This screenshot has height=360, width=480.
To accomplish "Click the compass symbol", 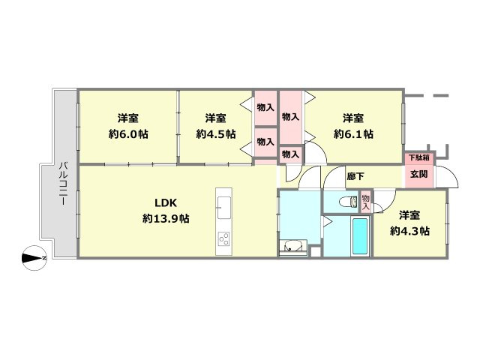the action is [34, 258].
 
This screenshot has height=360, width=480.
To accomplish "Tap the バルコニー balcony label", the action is [64, 183].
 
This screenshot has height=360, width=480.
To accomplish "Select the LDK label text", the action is [166, 202].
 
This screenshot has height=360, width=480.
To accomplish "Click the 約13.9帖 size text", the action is [166, 218].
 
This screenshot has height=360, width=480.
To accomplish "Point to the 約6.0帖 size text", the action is [128, 134].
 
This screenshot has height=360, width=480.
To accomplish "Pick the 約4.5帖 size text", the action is [216, 134].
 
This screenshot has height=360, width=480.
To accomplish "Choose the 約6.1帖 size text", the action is [353, 134].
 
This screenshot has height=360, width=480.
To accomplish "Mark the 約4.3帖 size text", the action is [409, 231].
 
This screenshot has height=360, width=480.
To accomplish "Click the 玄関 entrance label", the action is [418, 174].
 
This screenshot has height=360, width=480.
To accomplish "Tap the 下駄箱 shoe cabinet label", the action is [419, 158].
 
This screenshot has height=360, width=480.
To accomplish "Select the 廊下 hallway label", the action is [355, 176].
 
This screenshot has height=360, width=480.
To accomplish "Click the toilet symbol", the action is [348, 202].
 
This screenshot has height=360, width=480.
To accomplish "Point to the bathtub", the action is [360, 236].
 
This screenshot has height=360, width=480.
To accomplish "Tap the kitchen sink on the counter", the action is [224, 208].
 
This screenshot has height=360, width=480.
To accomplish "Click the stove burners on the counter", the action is [223, 238].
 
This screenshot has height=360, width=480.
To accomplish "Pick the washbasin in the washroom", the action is [293, 247].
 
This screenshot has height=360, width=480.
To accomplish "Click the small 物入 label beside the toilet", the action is [365, 202].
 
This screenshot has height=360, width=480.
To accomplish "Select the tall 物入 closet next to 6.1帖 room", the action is [290, 117].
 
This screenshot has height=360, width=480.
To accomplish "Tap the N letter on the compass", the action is [44, 258].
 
